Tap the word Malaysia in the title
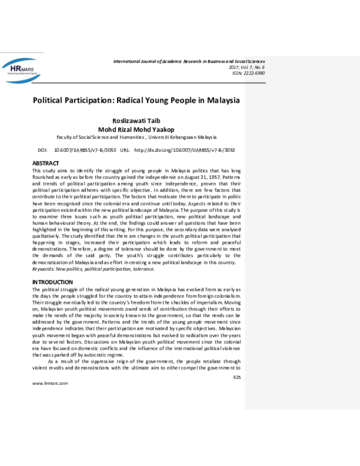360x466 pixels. click(x=220, y=100)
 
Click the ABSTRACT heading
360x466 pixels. click(x=46, y=163)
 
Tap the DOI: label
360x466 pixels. click(x=43, y=150)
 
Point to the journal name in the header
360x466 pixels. click(x=188, y=62)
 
